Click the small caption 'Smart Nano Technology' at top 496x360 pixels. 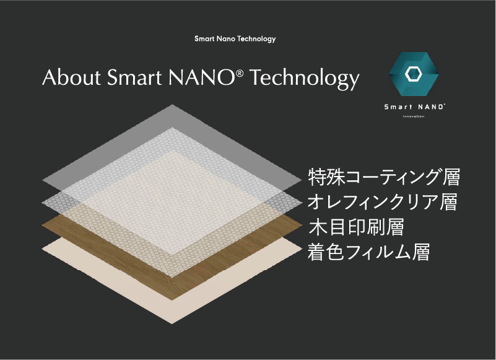235,39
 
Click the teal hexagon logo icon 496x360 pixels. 414,74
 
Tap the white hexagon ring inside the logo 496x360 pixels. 413,74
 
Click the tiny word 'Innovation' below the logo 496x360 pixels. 414,116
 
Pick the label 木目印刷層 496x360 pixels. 355,227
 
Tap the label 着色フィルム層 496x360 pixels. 368,252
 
